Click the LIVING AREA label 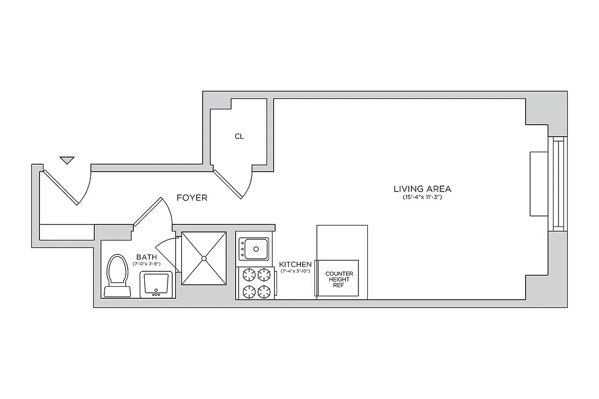pyautogui.click(x=422, y=189)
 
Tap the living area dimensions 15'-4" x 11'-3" pyautogui.click(x=422, y=198)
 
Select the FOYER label pyautogui.click(x=192, y=198)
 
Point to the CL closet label pyautogui.click(x=239, y=136)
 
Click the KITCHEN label pyautogui.click(x=295, y=264)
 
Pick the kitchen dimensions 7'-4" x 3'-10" pyautogui.click(x=295, y=271)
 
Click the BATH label pyautogui.click(x=146, y=257)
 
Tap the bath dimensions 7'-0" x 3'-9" pyautogui.click(x=146, y=264)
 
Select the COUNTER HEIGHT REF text pyautogui.click(x=339, y=279)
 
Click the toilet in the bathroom pyautogui.click(x=117, y=277)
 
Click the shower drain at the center pyautogui.click(x=204, y=258)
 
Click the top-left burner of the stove pyautogui.click(x=249, y=274)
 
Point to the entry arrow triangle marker pyautogui.click(x=67, y=160)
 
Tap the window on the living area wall pyautogui.click(x=558, y=184)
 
